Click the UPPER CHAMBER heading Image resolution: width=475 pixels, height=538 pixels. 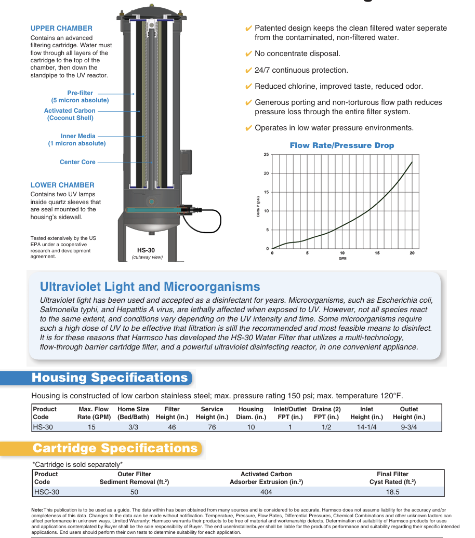pos(61,29)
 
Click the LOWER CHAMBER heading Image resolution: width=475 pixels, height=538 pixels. pos(62,185)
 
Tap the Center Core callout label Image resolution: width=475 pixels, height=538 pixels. pos(77,162)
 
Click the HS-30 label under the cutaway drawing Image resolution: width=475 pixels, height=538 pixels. pos(146,250)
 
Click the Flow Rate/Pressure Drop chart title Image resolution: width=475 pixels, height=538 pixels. pos(341,145)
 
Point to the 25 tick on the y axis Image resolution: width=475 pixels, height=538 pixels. pos(266,155)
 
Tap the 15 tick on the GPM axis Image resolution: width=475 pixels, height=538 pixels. pos(377,253)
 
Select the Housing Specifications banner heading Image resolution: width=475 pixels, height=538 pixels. pos(110,378)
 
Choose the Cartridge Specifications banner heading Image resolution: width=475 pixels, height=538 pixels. pos(115,448)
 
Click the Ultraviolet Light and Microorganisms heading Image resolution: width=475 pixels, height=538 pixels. pos(150,287)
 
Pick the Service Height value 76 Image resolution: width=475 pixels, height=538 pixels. pos(212,427)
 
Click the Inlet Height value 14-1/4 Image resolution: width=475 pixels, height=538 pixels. pos(366,427)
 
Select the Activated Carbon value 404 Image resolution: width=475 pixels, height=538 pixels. pos(266,492)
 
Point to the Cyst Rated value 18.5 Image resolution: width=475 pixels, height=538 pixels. pos(392,492)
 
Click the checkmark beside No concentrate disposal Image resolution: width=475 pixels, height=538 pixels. pos(248,54)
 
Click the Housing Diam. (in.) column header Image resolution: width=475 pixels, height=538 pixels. pos(251,413)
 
